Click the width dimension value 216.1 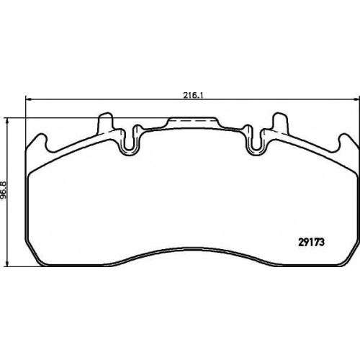coord(194,96)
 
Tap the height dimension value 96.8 coord(4,190)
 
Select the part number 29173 coord(312,243)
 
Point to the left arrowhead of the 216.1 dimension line coord(28,99)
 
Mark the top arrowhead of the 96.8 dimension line coord(8,121)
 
